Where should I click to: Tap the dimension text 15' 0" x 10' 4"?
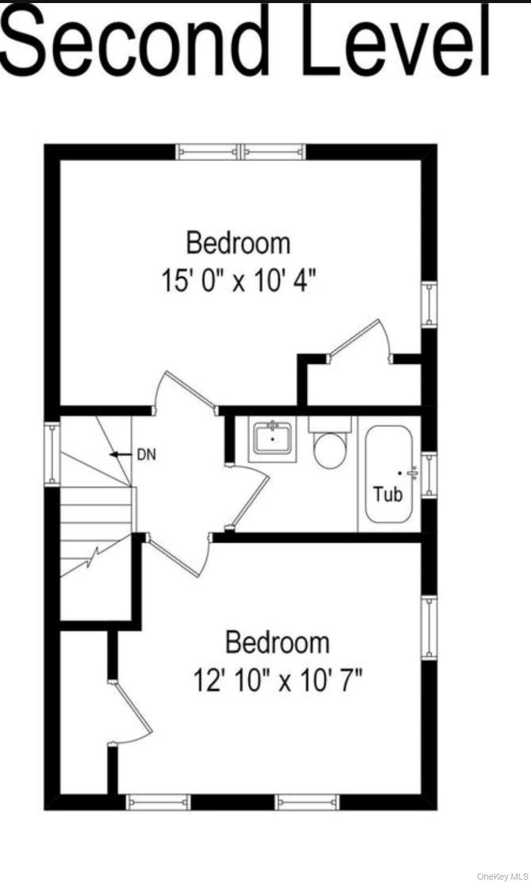[x=238, y=282]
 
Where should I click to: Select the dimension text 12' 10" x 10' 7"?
[x=277, y=680]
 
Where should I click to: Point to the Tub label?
[x=388, y=493]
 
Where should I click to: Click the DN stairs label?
[x=146, y=454]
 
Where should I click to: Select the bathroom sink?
[x=273, y=438]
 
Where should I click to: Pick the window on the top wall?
[x=241, y=151]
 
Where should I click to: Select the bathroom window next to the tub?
[x=429, y=475]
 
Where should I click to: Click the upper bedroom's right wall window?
[x=429, y=304]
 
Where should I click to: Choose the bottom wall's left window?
[x=158, y=802]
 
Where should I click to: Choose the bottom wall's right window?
[x=307, y=802]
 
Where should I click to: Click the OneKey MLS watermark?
[x=502, y=876]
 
